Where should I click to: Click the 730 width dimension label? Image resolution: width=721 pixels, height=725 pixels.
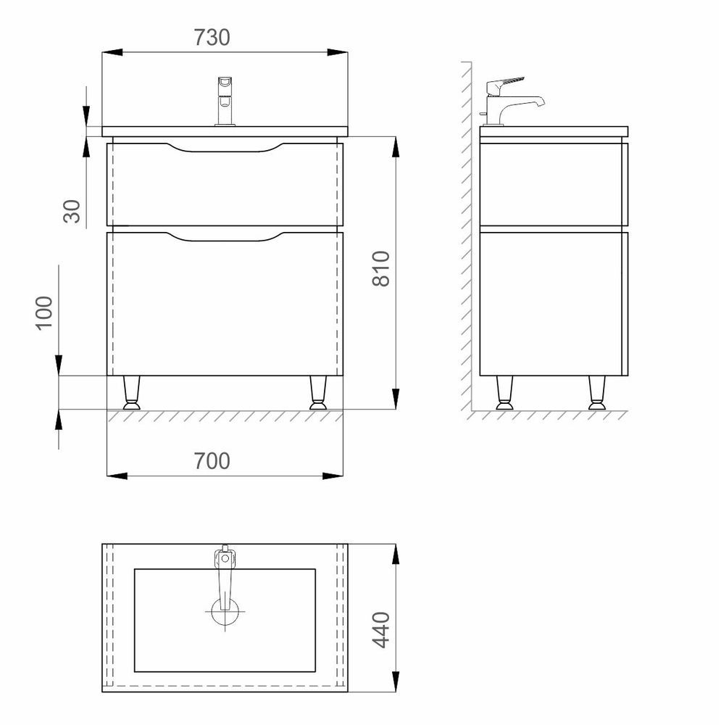pos(212,38)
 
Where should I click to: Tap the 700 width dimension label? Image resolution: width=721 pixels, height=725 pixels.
pos(212,461)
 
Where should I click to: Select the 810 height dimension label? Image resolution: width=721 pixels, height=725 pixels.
pos(381,269)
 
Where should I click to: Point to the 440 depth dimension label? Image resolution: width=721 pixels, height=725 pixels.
pos(381,630)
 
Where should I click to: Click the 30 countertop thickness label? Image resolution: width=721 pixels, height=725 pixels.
pos(72,211)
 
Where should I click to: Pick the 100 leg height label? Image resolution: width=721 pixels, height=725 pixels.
pos(44,313)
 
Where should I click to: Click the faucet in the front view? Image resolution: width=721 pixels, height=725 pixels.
pos(225,101)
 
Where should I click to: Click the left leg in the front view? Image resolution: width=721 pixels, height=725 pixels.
pos(131,392)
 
